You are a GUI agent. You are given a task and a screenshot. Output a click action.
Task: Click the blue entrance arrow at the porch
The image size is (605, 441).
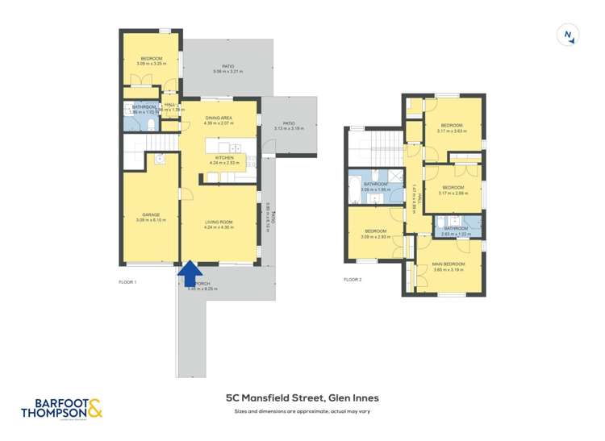coord(190,273)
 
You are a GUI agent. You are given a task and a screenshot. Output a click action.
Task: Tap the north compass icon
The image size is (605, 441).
coord(570,35)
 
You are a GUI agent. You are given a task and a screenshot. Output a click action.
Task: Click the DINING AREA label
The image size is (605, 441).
coord(219,120)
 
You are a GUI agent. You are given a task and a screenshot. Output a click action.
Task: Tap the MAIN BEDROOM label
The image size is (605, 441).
coord(449,267)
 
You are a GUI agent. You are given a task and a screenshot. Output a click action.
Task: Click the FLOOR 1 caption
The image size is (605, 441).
coord(128,282)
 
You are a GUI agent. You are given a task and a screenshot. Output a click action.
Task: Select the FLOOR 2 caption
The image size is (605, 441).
coord(353,280)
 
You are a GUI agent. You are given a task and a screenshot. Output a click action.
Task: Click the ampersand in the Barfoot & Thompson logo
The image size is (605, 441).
coord(94,410)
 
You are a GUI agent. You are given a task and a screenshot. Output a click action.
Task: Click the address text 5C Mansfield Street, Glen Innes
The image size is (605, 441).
coord(302,397)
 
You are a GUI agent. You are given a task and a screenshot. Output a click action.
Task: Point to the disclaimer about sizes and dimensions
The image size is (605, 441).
coord(302,412)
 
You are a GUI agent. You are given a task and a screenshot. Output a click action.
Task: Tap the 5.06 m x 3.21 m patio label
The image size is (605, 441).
coord(227,69)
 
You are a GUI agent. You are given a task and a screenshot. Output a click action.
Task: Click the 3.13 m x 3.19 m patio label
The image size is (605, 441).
coord(288,126)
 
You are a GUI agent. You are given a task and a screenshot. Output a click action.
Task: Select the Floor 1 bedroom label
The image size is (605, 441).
coord(152,60)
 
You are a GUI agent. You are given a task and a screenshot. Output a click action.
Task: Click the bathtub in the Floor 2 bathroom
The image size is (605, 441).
coord(354,193)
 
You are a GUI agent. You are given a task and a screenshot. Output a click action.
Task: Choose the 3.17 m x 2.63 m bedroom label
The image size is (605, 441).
coord(451,127)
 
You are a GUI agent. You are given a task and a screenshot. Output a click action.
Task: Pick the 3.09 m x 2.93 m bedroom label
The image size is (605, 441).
coord(376,234)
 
